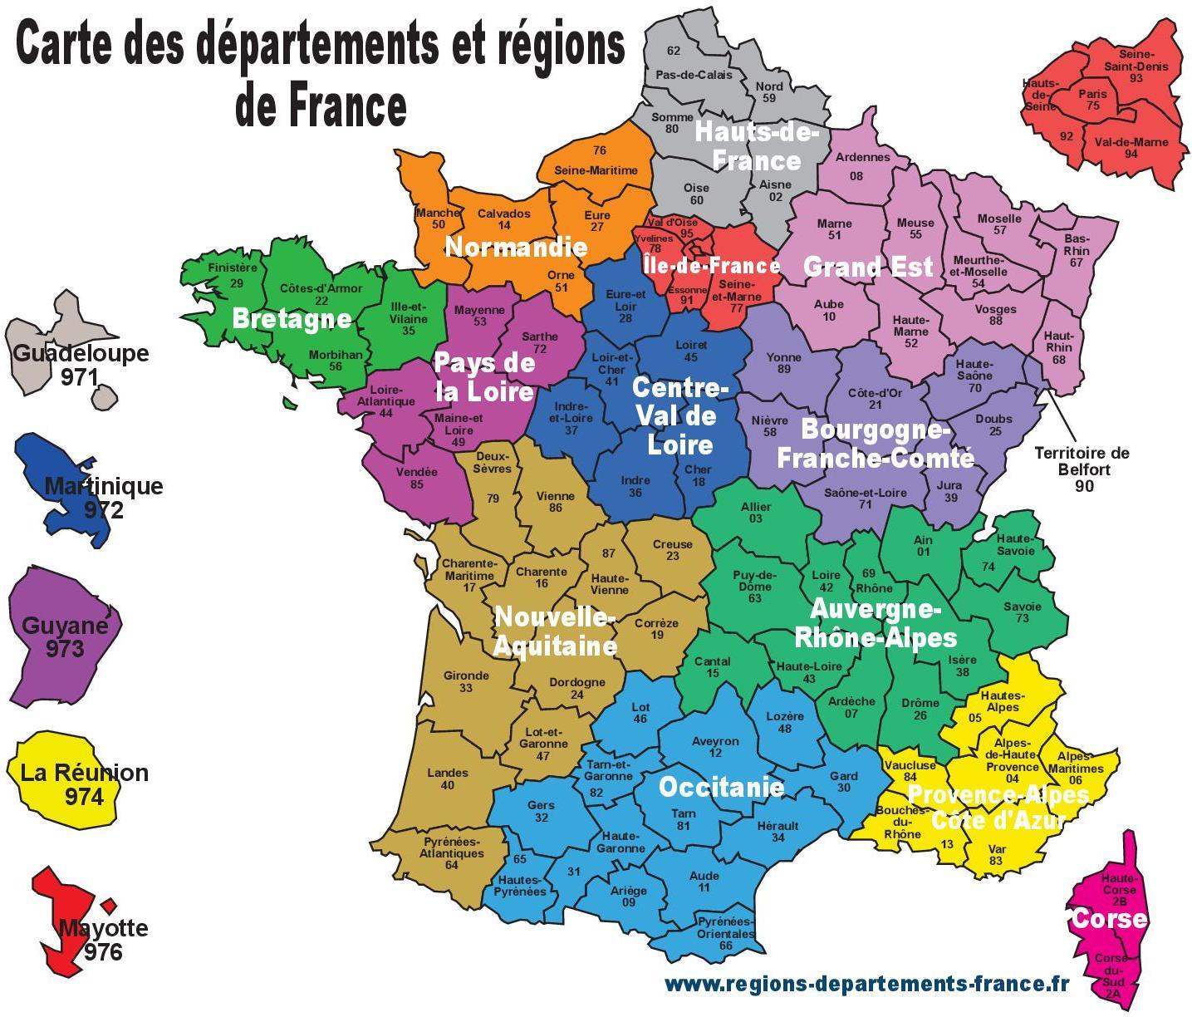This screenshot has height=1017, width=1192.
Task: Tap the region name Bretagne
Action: click(x=292, y=318)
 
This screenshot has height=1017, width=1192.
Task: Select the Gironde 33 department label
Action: click(x=466, y=681)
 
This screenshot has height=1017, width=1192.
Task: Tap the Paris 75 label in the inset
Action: click(x=1092, y=100)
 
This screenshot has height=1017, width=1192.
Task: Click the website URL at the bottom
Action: click(x=866, y=984)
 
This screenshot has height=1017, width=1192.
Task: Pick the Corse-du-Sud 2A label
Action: click(x=1111, y=975)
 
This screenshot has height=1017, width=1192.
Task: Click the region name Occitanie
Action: click(x=721, y=786)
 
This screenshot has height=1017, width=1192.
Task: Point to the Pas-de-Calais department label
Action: click(x=694, y=75)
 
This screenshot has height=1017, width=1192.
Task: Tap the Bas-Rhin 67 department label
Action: click(x=1077, y=250)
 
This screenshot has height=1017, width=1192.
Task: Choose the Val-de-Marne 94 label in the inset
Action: click(x=1131, y=147)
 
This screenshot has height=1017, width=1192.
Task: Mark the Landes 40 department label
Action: click(x=448, y=779)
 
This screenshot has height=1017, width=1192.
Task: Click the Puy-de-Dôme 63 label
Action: click(x=754, y=586)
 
